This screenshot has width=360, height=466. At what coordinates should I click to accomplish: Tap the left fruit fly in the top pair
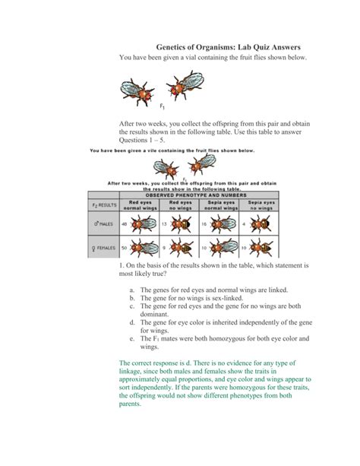tap(138, 92)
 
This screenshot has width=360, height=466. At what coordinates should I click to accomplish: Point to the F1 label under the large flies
tap(163, 107)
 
